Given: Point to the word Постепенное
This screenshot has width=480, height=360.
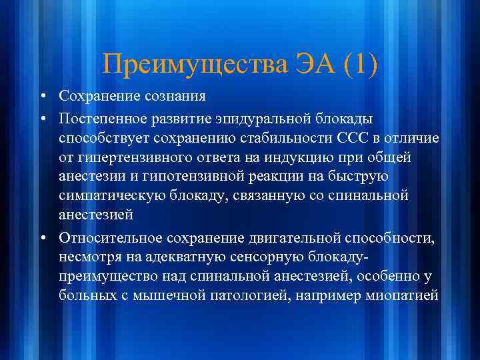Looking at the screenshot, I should point(101,118).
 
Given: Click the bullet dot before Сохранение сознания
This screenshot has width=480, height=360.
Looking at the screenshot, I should point(42,97).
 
